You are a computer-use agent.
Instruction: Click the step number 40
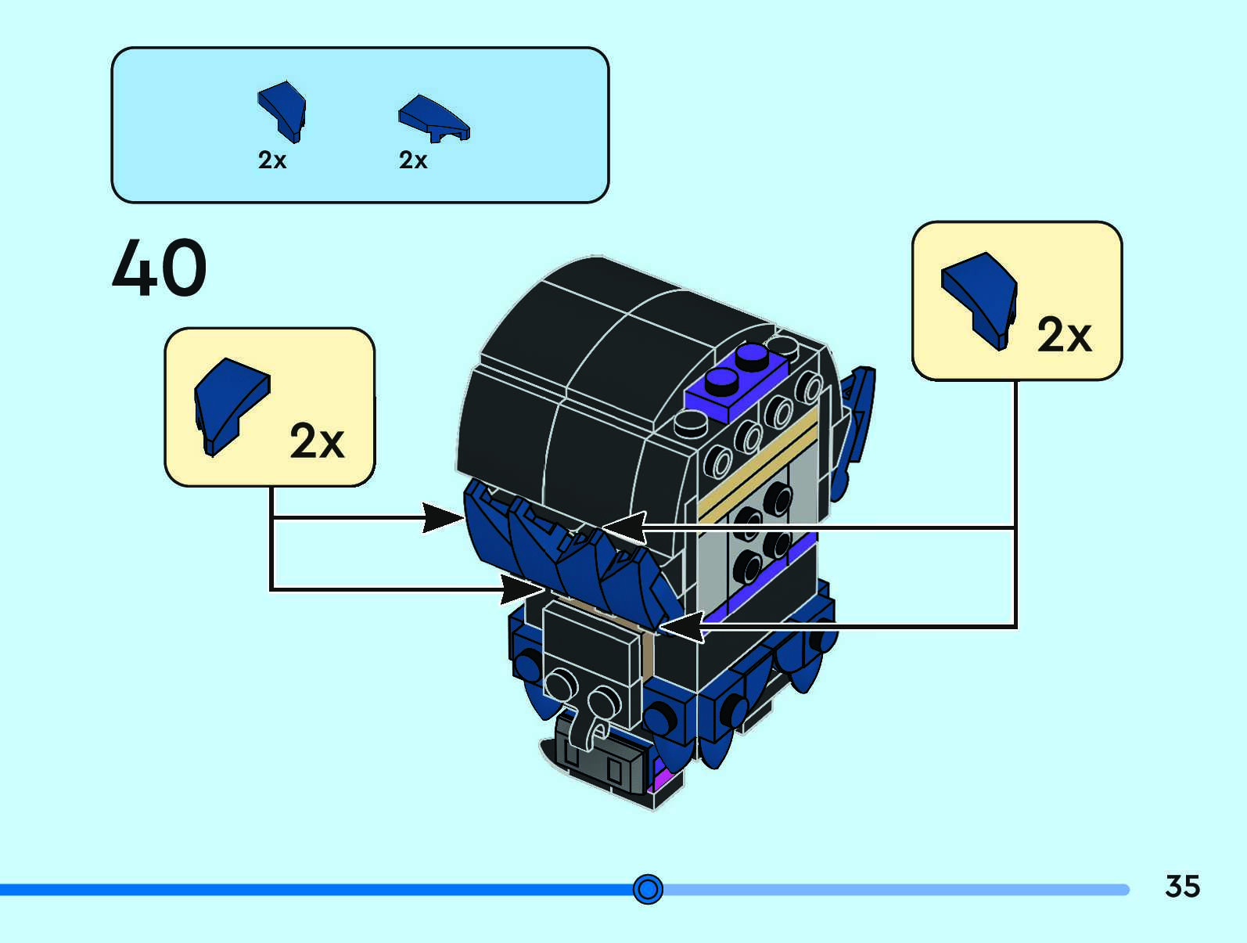click(160, 268)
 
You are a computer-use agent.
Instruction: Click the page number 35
click(1182, 887)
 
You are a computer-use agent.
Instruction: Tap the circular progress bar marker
click(648, 889)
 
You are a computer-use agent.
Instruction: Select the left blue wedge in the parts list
click(283, 110)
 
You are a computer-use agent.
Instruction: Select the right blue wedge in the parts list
click(433, 118)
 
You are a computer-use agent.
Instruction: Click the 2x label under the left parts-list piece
click(272, 160)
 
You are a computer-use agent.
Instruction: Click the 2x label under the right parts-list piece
click(413, 160)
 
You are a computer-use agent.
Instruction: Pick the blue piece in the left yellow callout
click(229, 403)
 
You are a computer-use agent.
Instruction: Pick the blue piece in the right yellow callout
click(980, 298)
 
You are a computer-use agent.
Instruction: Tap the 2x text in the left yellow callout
click(317, 441)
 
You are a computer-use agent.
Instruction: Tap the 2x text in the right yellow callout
click(1064, 336)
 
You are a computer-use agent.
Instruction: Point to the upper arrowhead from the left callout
click(443, 517)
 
